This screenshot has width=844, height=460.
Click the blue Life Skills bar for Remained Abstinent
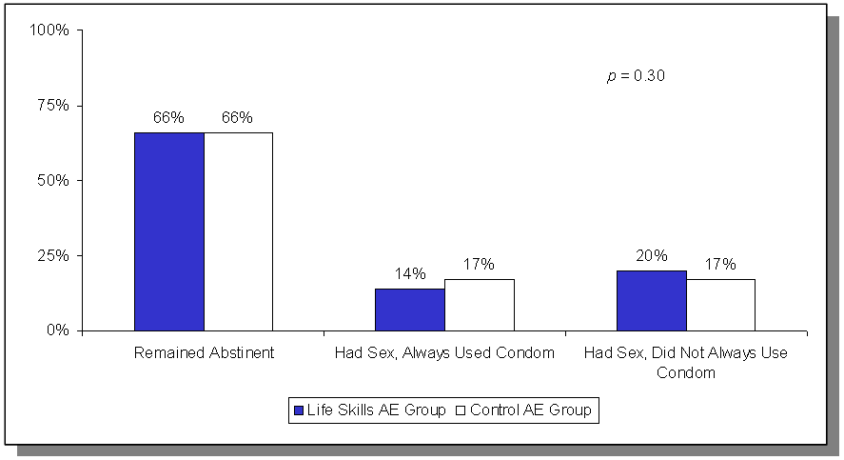click(168, 231)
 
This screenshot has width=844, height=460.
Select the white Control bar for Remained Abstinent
click(238, 231)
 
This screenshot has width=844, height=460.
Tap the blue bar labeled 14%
click(409, 310)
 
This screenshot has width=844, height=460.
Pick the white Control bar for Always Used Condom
click(479, 305)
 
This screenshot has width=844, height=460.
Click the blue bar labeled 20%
click(651, 301)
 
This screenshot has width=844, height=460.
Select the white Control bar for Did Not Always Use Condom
click(720, 305)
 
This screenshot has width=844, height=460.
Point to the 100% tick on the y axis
click(50, 30)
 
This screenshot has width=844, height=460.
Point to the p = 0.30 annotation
click(636, 76)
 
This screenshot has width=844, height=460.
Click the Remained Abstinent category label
click(204, 353)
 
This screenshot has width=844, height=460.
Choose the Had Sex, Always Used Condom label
click(444, 353)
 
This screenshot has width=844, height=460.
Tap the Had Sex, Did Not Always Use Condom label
click(685, 363)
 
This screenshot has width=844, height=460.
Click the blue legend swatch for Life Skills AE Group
click(299, 410)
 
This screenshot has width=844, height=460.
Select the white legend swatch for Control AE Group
click(461, 410)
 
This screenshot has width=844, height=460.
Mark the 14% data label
click(410, 274)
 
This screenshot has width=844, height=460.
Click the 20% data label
click(652, 256)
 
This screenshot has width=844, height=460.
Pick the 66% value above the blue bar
click(168, 118)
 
